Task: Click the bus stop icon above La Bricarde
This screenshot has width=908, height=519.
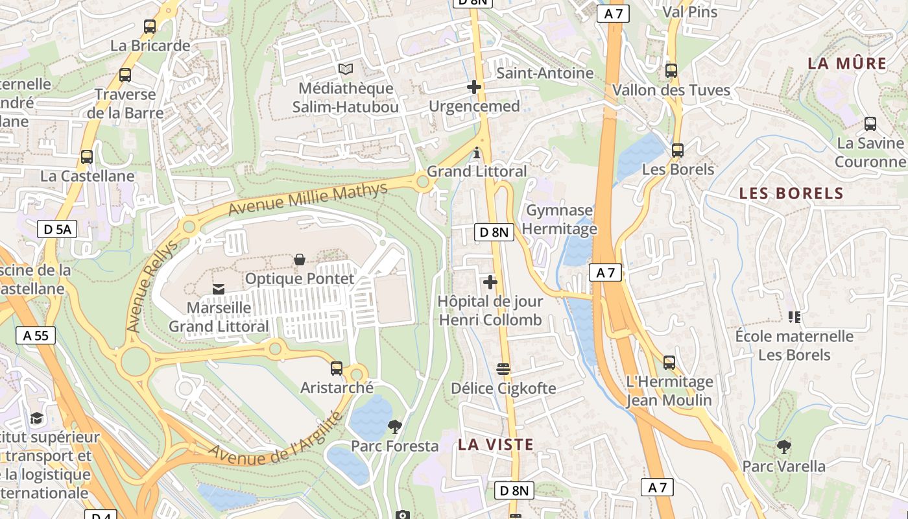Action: [150, 27]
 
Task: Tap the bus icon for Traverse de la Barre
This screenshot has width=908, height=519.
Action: [125, 75]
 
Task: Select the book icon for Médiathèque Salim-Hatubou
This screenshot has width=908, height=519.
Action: [346, 69]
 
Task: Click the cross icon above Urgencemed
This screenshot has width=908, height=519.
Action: [474, 87]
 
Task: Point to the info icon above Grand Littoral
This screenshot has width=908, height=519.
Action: [477, 153]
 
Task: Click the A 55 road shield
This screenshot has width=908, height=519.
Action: [36, 335]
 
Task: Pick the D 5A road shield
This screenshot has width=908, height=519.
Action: [57, 228]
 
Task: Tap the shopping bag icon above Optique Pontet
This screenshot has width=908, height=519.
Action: [300, 260]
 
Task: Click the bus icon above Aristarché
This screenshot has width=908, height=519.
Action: [337, 368]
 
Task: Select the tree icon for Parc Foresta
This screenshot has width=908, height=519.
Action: [394, 427]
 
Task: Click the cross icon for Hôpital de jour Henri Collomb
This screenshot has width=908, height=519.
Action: [490, 282]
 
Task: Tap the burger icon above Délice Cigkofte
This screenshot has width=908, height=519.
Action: [503, 369]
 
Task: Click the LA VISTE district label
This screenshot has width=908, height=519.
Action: [496, 445]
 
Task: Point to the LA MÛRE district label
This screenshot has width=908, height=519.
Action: [847, 64]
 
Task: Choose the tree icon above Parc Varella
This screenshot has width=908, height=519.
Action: [783, 447]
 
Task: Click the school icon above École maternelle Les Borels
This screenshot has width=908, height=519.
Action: [794, 317]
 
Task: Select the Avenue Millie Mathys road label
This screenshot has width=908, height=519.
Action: [308, 199]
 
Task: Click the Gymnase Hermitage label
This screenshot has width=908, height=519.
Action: [559, 219]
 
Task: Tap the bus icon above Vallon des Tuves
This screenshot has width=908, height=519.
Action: [671, 71]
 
